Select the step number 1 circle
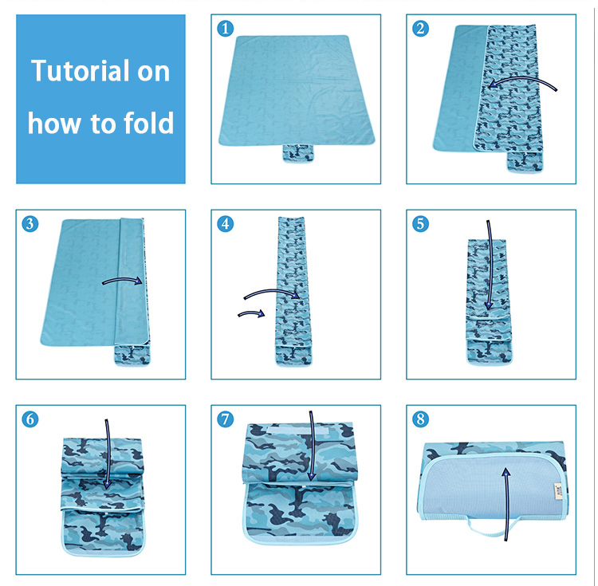point(226,29)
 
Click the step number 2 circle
point(421,29)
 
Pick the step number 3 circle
point(30,224)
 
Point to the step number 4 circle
point(226,224)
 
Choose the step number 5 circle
point(421,224)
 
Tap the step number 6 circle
point(30,419)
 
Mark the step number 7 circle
point(226,419)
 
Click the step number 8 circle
point(421,419)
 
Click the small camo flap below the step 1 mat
point(297,151)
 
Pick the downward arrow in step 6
point(107,454)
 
